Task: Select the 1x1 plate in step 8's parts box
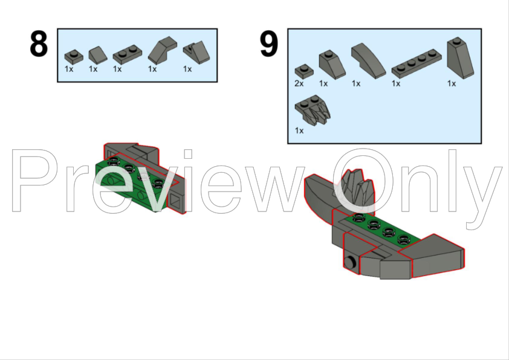click(x=72, y=56)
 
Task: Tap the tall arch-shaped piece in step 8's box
click(x=163, y=50)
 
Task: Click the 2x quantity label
click(x=299, y=83)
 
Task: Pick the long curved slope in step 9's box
click(x=368, y=60)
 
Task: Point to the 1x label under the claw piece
click(x=299, y=130)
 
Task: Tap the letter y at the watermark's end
click(x=484, y=190)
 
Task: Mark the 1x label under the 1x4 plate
click(x=396, y=83)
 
